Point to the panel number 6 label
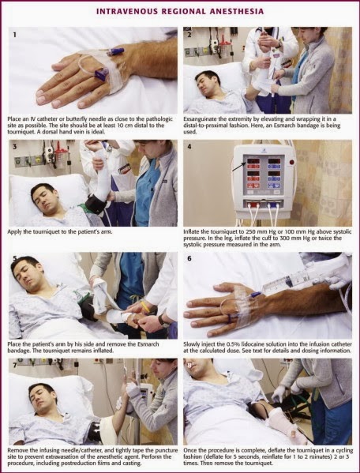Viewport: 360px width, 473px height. pyautogui.click(x=189, y=259)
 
